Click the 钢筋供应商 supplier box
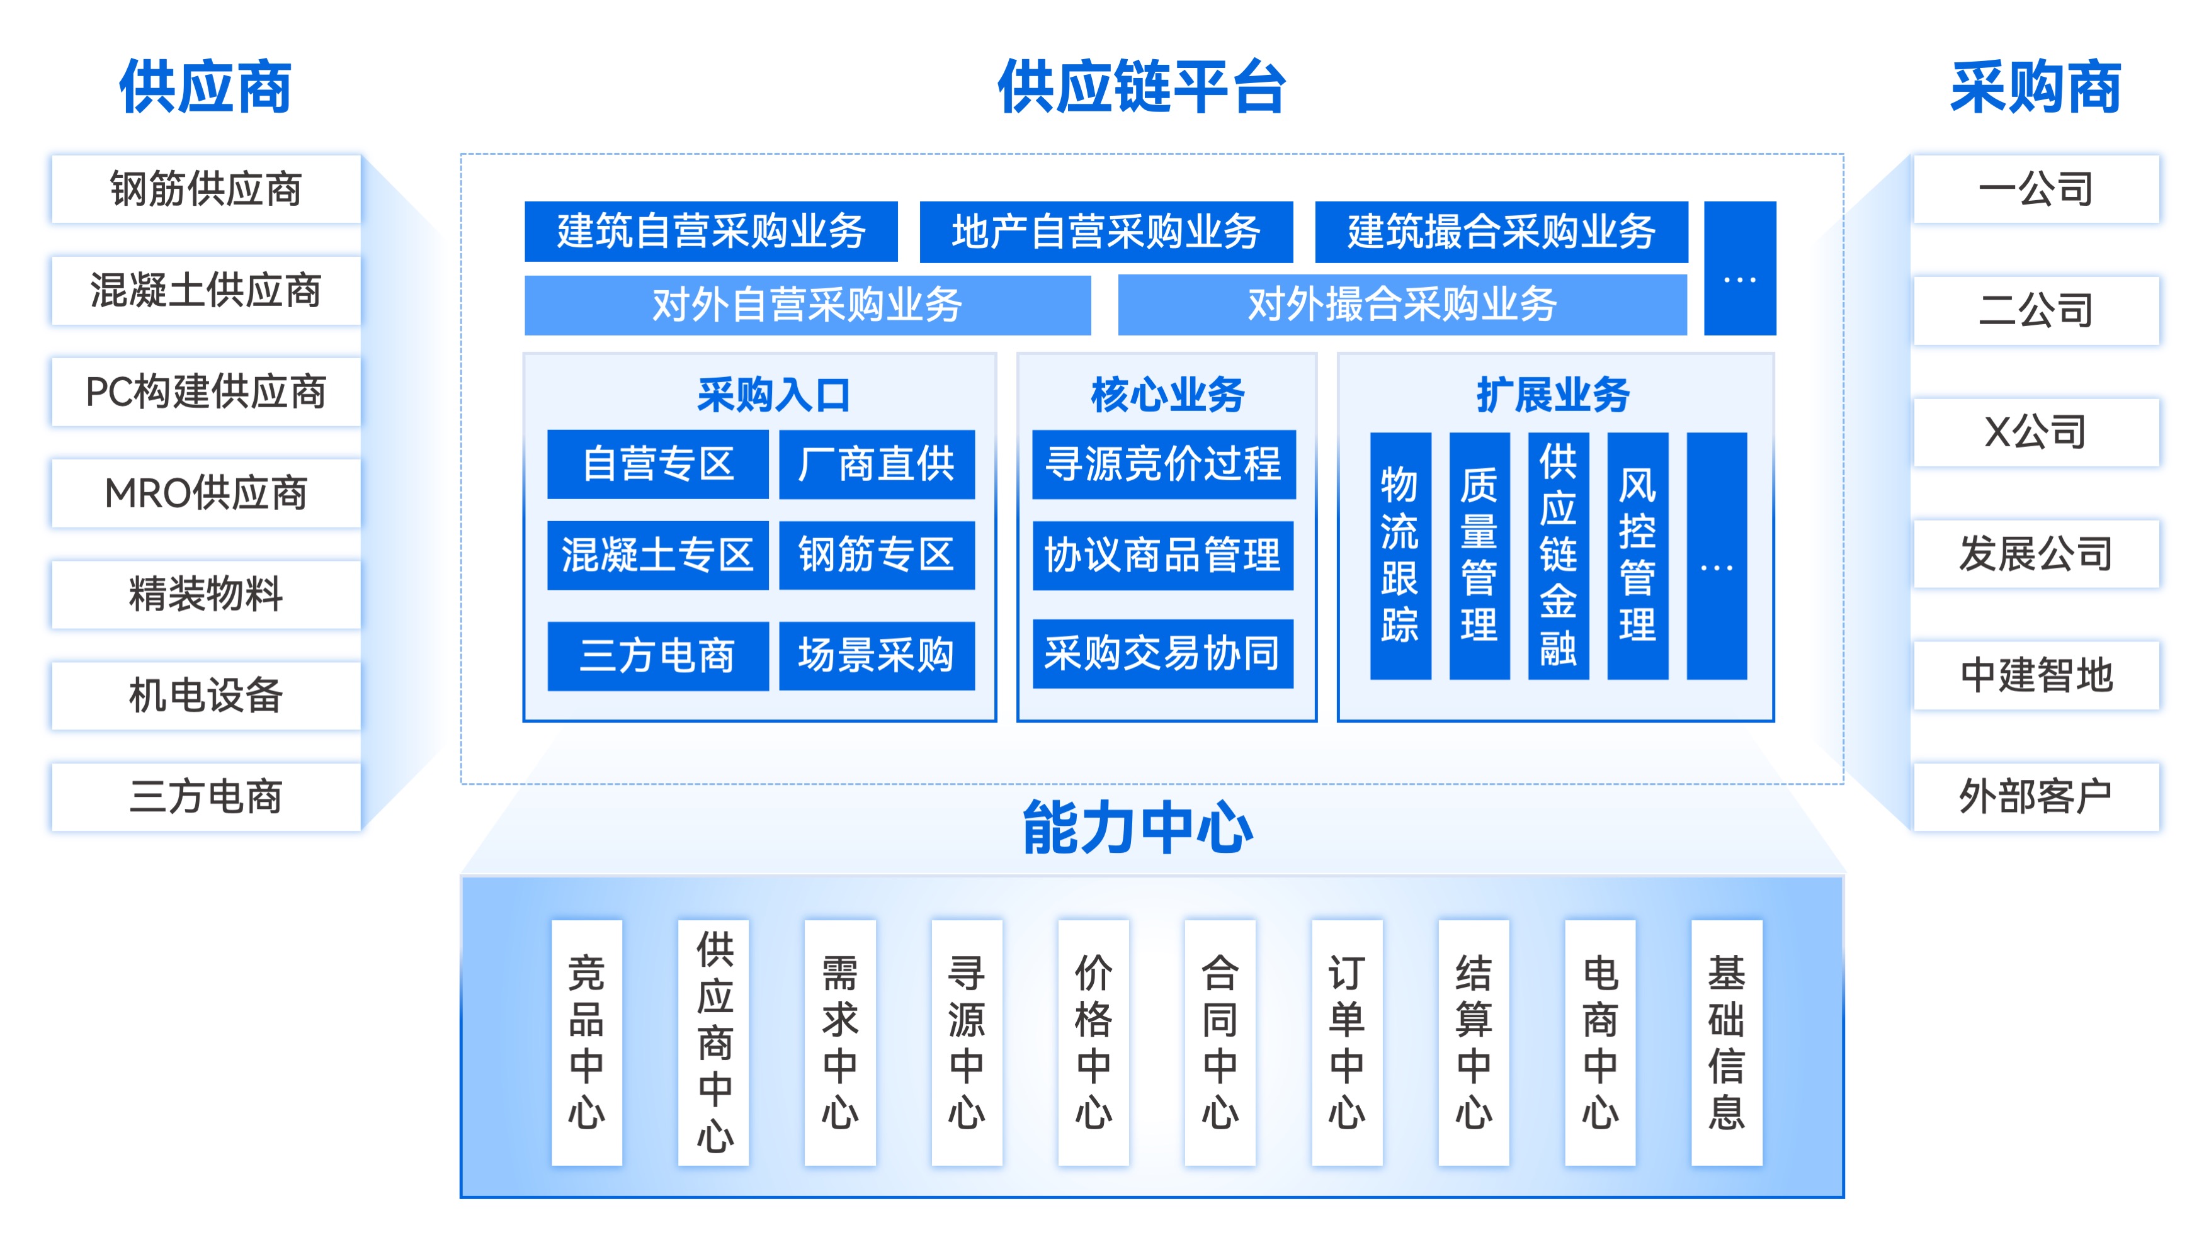pyautogui.click(x=205, y=189)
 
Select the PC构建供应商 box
pyautogui.click(x=205, y=392)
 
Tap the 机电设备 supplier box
pyautogui.click(x=205, y=696)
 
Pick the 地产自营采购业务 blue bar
pyautogui.click(x=1105, y=232)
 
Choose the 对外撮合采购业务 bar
pyautogui.click(x=1402, y=305)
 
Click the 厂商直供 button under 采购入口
pyautogui.click(x=876, y=465)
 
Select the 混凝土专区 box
pyautogui.click(x=657, y=555)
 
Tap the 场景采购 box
pyautogui.click(x=876, y=655)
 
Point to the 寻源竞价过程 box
pyautogui.click(x=1164, y=465)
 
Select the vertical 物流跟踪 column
pyautogui.click(x=1400, y=556)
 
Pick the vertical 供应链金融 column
pyautogui.click(x=1558, y=556)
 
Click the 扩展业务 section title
pyautogui.click(x=1553, y=395)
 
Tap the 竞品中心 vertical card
pyautogui.click(x=586, y=1042)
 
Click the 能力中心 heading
pyautogui.click(x=1138, y=828)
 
